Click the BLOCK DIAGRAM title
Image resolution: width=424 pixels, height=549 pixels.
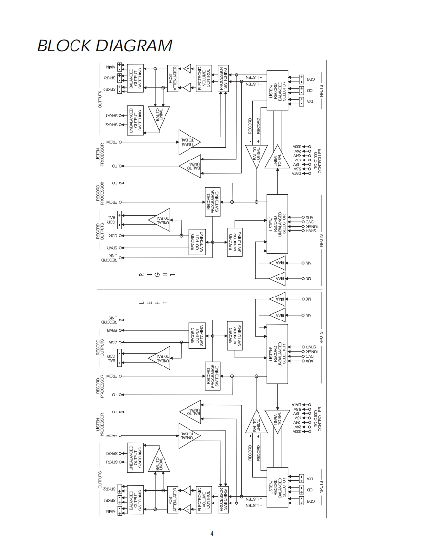point(105,46)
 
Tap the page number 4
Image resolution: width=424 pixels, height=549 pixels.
point(212,533)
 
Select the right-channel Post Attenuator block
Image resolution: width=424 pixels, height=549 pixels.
point(173,78)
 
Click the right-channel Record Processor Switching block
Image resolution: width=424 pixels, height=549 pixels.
point(212,201)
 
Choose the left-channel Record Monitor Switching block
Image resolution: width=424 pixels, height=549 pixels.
point(235,336)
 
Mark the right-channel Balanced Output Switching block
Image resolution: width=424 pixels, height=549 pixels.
point(136,77)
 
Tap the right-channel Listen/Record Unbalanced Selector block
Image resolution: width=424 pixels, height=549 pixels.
point(278,224)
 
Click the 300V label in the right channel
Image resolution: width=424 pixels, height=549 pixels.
point(298,146)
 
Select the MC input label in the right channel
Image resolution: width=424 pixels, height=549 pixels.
point(308,279)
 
